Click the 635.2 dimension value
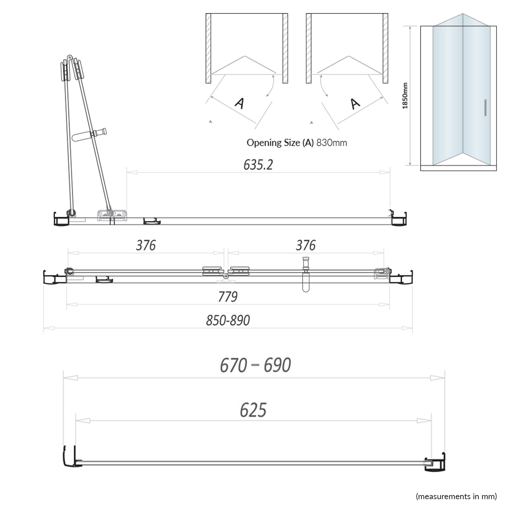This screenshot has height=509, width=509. (258, 165)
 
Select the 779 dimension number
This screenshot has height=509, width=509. (228, 297)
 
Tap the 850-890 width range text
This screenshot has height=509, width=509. (228, 320)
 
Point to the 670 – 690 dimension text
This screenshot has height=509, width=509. (255, 365)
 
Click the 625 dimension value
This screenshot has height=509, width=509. (253, 410)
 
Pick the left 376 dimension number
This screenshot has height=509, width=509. (146, 245)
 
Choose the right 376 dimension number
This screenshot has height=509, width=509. (305, 245)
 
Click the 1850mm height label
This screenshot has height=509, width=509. (405, 96)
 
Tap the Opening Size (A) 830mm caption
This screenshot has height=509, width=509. (297, 143)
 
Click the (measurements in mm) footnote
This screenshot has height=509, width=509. (456, 496)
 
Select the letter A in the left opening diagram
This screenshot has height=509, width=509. (240, 103)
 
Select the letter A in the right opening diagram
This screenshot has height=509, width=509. (355, 103)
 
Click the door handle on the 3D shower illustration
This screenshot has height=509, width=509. (486, 108)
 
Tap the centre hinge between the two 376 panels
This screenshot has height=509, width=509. (226, 274)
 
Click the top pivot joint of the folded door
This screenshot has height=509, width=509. (70, 58)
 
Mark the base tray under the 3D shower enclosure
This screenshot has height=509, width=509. (458, 168)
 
